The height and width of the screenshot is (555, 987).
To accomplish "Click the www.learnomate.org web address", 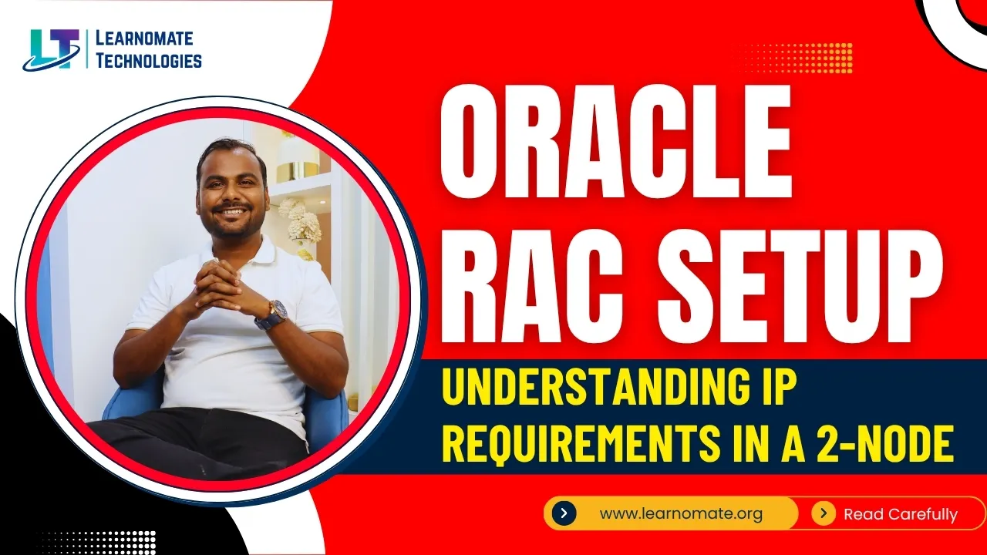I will pyautogui.click(x=681, y=513).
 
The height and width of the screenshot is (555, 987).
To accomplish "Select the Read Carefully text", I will pyautogui.click(x=900, y=514).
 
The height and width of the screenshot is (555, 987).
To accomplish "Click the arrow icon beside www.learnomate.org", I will pyautogui.click(x=564, y=513).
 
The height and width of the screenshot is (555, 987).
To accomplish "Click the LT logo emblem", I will pyautogui.click(x=52, y=49).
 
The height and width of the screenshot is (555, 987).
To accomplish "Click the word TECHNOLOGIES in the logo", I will pyautogui.click(x=148, y=60).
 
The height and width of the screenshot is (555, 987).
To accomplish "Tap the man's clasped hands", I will pyautogui.click(x=220, y=284).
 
